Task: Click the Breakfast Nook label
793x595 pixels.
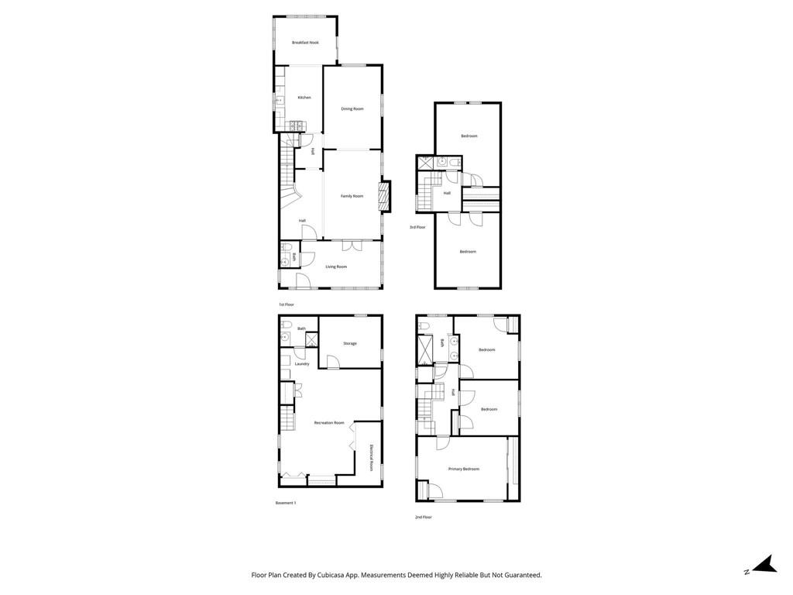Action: (305, 43)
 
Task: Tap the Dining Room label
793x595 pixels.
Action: (352, 108)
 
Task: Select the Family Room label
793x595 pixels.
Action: (352, 196)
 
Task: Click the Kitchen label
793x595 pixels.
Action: (304, 98)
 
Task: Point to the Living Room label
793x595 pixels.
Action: (336, 267)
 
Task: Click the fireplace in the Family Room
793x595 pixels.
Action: (383, 196)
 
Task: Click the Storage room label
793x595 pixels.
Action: (350, 343)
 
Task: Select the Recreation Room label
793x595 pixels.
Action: (329, 422)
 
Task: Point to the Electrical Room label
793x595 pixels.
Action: (372, 458)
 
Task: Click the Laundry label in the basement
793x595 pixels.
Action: (302, 363)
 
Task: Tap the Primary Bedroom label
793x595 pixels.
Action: (464, 469)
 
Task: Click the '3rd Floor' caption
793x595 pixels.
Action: (417, 227)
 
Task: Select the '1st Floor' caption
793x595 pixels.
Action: (287, 304)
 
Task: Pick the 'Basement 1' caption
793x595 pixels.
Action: (286, 503)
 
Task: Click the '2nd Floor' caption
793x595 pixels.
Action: (423, 517)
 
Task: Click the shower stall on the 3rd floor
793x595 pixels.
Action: (425, 163)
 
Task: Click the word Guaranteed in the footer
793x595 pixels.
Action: (521, 575)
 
